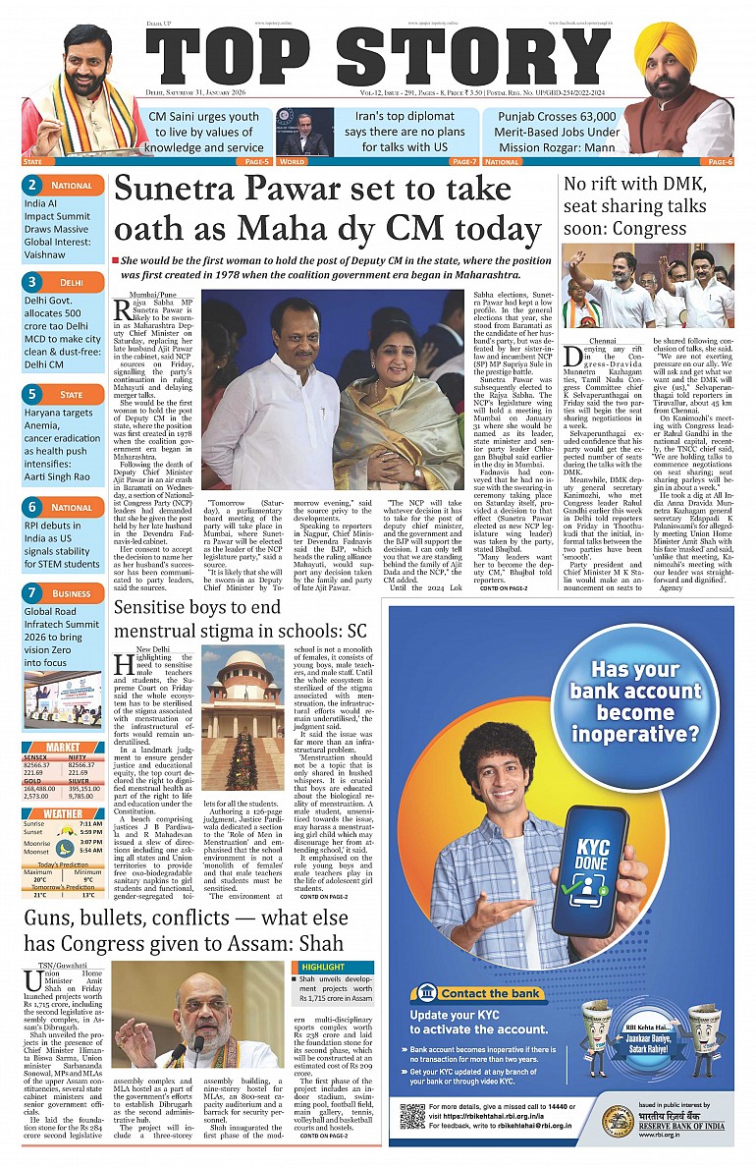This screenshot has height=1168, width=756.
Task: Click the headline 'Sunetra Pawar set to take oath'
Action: point(332,209)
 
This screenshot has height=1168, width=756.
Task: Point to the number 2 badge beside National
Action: point(32,185)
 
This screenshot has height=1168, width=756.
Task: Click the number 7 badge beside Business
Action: point(32,593)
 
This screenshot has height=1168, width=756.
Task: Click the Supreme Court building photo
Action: point(243,704)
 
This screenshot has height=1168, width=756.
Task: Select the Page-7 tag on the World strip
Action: point(463,161)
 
